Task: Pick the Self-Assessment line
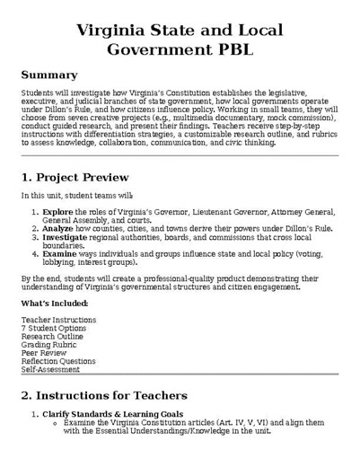click(x=50, y=369)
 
